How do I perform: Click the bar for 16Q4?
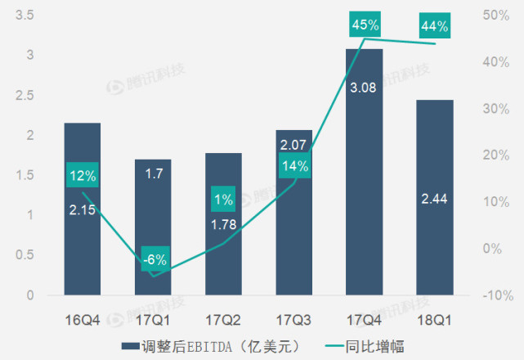[x=83, y=245]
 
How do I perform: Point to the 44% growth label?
[x=434, y=26]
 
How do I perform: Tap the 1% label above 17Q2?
[x=224, y=199]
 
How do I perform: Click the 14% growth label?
[x=293, y=167]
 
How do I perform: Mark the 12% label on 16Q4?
[x=83, y=175]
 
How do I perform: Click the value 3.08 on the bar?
[x=363, y=87]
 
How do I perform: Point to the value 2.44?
[x=434, y=199]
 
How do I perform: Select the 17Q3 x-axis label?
[x=293, y=319]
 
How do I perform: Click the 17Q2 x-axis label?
[x=223, y=319]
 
